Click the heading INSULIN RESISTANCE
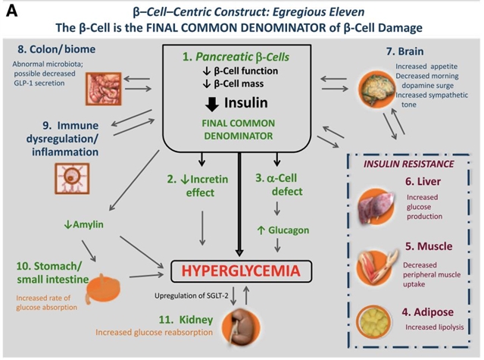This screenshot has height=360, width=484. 409,164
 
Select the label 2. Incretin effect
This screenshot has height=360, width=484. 196,186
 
